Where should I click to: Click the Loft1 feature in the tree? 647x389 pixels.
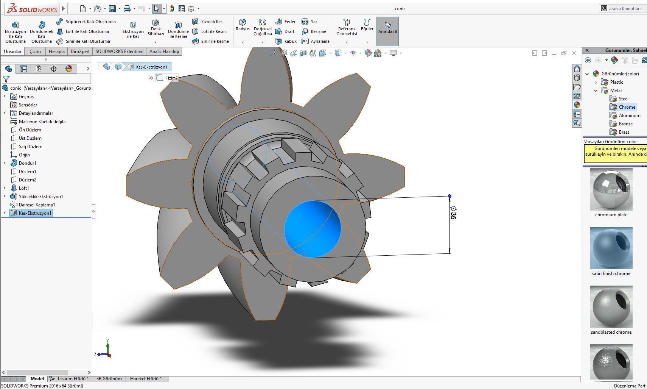tap(23, 188)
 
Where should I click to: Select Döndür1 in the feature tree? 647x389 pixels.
tap(27, 163)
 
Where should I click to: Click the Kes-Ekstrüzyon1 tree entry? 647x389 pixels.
tap(35, 213)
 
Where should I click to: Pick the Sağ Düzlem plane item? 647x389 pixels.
tap(30, 147)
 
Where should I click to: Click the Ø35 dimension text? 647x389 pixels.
tap(453, 213)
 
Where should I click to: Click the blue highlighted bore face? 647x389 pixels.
tap(312, 229)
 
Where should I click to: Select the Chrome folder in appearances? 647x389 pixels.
tap(627, 107)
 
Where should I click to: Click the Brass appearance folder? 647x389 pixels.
tap(624, 132)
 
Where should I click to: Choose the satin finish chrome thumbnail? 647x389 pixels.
tap(611, 248)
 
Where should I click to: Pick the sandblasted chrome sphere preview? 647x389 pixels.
tap(611, 307)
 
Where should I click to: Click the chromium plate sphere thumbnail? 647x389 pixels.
tap(611, 189)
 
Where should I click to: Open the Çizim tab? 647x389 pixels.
tap(35, 52)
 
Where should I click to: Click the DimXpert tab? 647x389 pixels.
tap(80, 52)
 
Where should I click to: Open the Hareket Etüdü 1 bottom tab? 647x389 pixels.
tap(146, 379)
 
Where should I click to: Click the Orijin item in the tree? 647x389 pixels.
tap(24, 155)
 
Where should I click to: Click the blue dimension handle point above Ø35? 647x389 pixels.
tap(449, 196)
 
